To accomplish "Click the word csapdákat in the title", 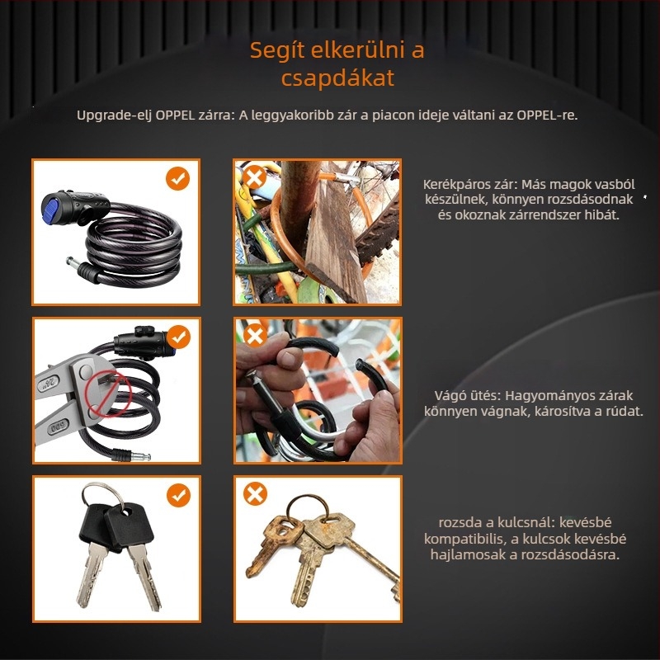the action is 337,78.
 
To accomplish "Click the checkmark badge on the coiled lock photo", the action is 177,178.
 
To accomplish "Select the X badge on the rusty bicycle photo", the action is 255,177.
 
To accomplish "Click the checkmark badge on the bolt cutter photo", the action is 178,337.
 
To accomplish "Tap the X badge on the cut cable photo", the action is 255,336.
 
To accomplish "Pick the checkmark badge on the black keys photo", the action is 178,495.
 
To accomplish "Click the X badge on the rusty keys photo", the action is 255,493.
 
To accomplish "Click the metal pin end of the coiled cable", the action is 73,263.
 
